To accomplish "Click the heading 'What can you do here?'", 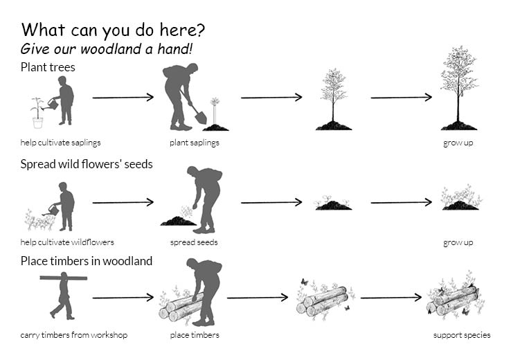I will click(113, 30).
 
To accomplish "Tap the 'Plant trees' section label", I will click(48, 67).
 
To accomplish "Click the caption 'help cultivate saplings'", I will click(60, 143).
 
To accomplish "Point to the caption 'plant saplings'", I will click(195, 143).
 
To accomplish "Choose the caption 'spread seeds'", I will click(194, 242).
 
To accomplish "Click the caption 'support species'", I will click(462, 335).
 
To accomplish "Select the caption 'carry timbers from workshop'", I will click(73, 335).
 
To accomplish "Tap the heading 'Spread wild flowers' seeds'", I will click(87, 164).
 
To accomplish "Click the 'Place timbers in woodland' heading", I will click(87, 261).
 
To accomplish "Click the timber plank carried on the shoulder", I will click(63, 278).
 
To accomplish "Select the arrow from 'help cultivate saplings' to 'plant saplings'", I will click(123, 98).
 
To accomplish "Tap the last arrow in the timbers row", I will click(391, 298).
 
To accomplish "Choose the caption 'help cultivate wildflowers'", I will click(67, 242).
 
